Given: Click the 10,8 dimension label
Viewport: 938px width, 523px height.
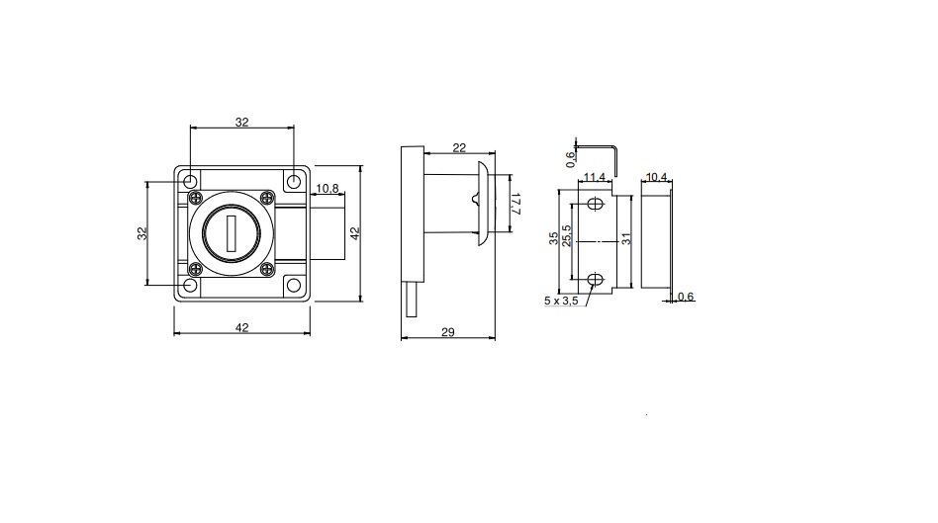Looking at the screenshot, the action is (328, 188).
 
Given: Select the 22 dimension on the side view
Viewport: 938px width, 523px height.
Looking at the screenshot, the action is (459, 147).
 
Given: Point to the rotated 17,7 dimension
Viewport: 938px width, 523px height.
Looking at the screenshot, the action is (516, 204).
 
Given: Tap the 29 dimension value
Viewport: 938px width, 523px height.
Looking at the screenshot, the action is (448, 332).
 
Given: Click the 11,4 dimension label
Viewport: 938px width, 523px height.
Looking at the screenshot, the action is (595, 177).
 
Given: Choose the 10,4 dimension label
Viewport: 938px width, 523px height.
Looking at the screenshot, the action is (656, 177).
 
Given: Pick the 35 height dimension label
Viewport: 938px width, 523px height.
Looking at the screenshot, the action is (554, 238).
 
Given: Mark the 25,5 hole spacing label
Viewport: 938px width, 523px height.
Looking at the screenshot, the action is (567, 235).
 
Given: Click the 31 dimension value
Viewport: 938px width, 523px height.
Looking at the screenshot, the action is (626, 238).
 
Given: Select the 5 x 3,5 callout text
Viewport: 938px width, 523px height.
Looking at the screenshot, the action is (561, 301).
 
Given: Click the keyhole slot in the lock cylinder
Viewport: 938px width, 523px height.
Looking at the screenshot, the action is (232, 233).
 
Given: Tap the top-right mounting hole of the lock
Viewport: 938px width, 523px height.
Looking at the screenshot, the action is (294, 181).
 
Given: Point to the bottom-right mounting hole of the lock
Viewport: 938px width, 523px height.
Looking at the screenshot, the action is (294, 285).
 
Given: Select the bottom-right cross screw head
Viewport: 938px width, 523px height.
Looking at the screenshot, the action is (267, 270).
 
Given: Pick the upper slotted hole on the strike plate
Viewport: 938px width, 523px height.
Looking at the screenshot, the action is (595, 204).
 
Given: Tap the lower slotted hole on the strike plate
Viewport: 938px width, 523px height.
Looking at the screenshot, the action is (595, 279).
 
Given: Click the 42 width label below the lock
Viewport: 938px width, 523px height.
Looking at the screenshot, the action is (241, 327).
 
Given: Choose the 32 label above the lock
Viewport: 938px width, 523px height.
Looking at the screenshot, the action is (241, 122).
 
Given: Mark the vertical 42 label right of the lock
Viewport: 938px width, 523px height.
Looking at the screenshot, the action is (355, 233).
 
